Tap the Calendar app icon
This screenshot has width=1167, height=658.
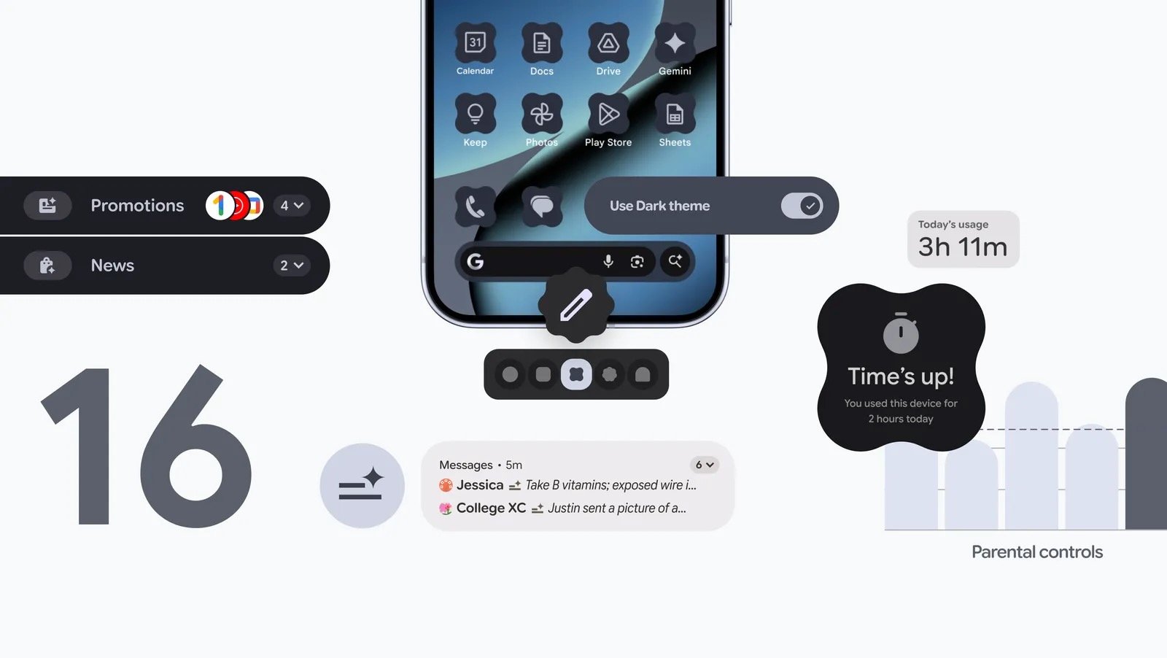475,43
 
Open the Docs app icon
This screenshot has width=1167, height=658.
541,43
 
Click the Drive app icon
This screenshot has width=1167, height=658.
608,43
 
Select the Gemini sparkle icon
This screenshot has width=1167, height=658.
675,43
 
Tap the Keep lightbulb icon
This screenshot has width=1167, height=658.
475,114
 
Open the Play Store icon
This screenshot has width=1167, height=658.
608,114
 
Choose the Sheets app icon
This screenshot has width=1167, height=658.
675,114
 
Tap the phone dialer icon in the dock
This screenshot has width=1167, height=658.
475,207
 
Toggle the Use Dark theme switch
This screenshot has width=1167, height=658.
802,206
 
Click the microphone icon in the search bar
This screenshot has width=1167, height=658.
608,261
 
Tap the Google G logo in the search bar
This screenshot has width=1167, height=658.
476,261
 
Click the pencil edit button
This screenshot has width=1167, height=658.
576,305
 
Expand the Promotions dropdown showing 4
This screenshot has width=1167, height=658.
292,206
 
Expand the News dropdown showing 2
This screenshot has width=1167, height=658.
292,266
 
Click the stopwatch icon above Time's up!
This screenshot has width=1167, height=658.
901,333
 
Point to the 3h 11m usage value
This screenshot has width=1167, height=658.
962,247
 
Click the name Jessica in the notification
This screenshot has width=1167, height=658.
479,485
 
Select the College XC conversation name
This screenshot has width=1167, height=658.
491,508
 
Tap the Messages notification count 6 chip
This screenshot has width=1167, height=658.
704,465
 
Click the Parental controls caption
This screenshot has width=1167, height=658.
1036,552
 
